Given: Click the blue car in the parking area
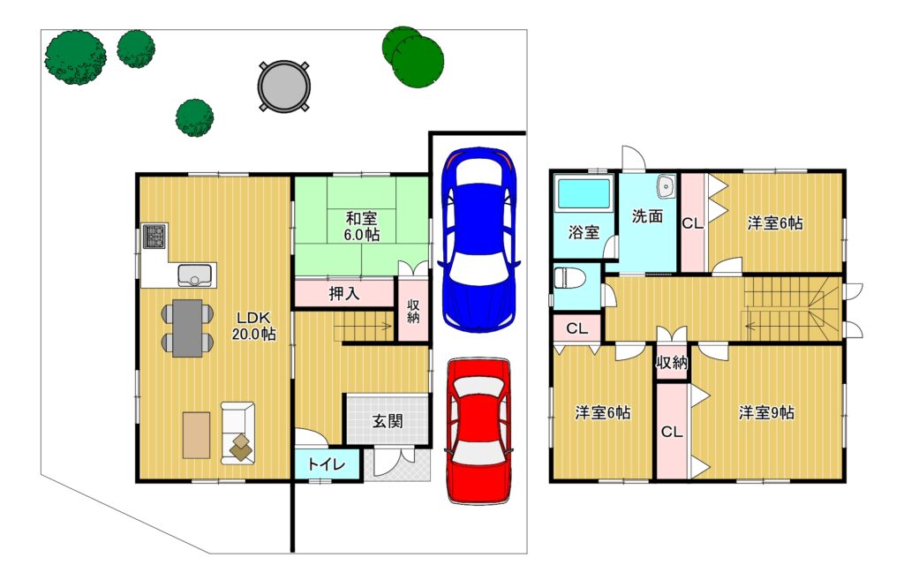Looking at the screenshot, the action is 479,240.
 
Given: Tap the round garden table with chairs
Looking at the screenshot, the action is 283,87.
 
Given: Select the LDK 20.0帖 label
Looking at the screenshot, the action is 253,326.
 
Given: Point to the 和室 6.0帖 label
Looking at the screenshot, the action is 361,227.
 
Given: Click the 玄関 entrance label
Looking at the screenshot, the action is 387,421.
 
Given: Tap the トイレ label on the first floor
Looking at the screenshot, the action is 327,464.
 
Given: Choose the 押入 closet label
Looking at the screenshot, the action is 344,293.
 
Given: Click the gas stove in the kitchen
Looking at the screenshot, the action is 154,237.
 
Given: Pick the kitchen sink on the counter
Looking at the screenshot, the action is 196,275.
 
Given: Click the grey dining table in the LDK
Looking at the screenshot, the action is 187,328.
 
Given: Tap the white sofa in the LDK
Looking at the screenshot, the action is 237,433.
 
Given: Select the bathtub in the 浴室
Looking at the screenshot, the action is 584,193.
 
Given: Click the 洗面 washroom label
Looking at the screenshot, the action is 647,216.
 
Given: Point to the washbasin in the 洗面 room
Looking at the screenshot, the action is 666,185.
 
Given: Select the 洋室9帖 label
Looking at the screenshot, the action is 766,413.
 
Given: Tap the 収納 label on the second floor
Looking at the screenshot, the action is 672,363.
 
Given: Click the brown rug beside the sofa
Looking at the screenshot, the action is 196,434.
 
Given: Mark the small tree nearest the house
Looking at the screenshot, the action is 194,117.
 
